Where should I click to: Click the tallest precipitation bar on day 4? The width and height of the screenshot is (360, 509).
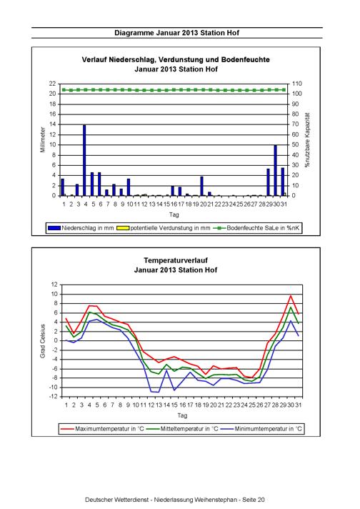(84, 160)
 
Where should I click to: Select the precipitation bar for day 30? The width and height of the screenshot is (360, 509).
(275, 170)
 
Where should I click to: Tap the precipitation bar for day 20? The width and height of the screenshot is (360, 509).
(201, 186)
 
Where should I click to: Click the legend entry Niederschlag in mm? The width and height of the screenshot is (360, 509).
(81, 228)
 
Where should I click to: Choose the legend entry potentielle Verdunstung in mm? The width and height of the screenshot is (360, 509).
(163, 228)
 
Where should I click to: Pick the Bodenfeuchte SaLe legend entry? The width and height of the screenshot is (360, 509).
(256, 228)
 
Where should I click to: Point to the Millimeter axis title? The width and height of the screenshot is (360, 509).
(43, 140)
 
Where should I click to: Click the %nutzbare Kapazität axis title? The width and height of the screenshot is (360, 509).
(307, 140)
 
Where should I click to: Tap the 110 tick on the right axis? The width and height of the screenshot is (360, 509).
(296, 84)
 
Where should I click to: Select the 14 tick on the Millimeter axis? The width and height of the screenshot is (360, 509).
(53, 124)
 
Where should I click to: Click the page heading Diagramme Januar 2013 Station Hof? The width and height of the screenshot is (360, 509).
(176, 33)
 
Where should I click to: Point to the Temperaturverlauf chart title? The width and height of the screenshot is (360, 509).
(176, 260)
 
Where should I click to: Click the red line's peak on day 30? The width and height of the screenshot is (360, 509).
(291, 295)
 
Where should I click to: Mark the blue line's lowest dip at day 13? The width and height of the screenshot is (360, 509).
(159, 392)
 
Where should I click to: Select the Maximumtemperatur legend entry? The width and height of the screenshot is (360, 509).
(102, 429)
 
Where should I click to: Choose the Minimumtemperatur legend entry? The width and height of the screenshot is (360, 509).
(261, 429)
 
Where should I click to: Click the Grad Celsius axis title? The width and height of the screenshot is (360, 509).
(43, 341)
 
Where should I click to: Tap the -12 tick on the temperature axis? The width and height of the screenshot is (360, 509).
(54, 397)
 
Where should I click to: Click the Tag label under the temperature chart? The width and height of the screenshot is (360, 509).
(182, 415)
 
